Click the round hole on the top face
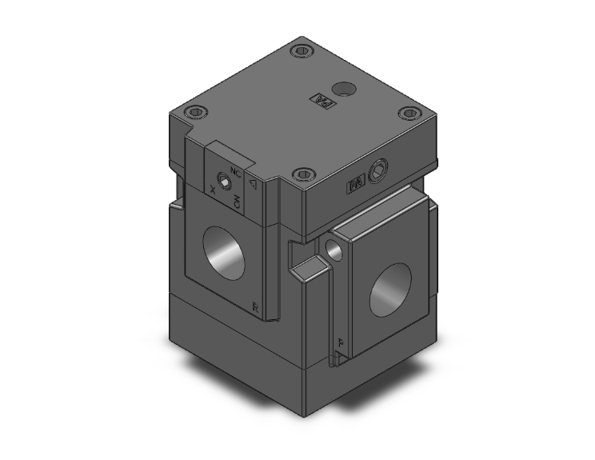(x=345, y=87)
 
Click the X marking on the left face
(x=212, y=190)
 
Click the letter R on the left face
(x=256, y=306)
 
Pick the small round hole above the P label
(x=334, y=251)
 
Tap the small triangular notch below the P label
(x=340, y=359)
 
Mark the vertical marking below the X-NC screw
(x=238, y=202)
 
